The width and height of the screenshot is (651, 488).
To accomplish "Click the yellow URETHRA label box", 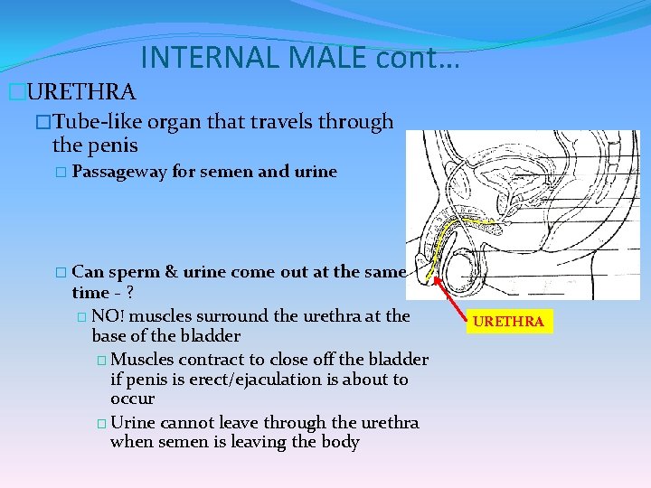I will point(509,321).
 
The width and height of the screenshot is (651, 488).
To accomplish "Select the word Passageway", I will point(119,172).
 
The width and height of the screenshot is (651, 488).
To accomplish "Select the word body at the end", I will point(341,442).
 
